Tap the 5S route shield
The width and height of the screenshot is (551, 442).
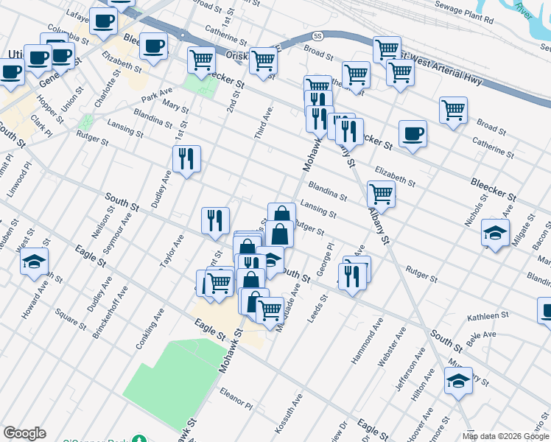[x=317, y=35]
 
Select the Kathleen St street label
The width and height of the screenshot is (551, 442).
[x=489, y=317]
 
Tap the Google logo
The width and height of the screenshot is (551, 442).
[x=24, y=432]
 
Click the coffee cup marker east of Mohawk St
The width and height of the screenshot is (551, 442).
[x=413, y=133]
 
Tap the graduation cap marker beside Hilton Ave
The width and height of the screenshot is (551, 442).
[x=458, y=380]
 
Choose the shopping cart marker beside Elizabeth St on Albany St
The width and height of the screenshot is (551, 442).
[x=381, y=193]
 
